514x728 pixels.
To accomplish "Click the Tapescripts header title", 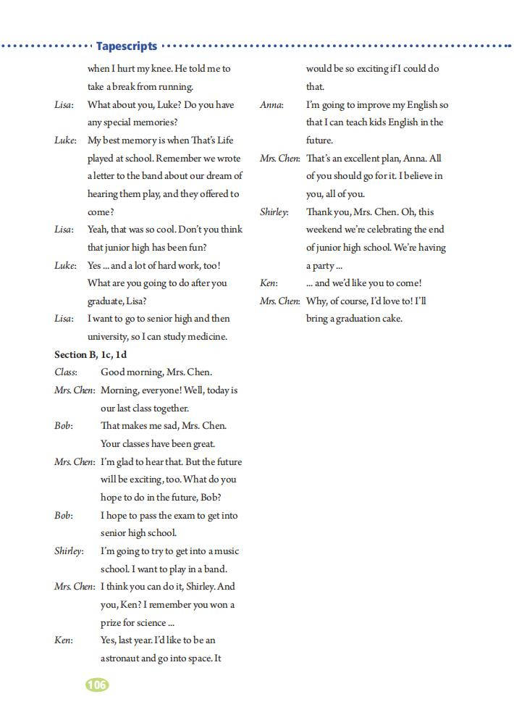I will [x=127, y=46].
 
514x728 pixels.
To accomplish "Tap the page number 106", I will [x=96, y=685].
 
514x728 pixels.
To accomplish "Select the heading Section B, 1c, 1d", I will [x=90, y=354].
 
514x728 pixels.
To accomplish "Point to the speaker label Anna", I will [x=271, y=105].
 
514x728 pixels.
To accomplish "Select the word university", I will [x=110, y=336].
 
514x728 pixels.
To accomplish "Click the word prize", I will [x=112, y=622].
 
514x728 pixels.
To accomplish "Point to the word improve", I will [x=364, y=105].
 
